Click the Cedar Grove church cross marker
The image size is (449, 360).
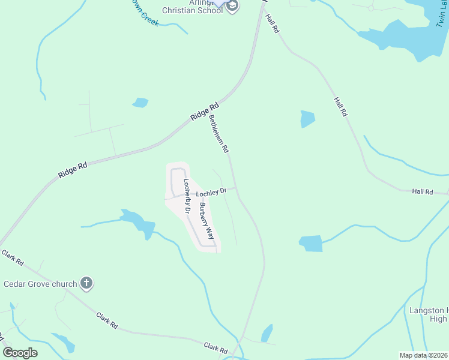[x=86, y=283]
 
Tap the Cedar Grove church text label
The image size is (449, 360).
[x=40, y=284]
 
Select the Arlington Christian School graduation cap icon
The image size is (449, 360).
[x=232, y=7]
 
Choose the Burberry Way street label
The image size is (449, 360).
[x=206, y=221]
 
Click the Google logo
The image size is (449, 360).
[x=20, y=352]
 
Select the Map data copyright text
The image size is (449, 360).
[x=424, y=355]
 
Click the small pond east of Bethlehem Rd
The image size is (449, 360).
[x=307, y=119]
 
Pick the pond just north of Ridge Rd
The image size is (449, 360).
[x=140, y=103]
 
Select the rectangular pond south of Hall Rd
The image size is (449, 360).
[x=311, y=243]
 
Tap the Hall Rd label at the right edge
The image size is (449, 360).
[x=423, y=191]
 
